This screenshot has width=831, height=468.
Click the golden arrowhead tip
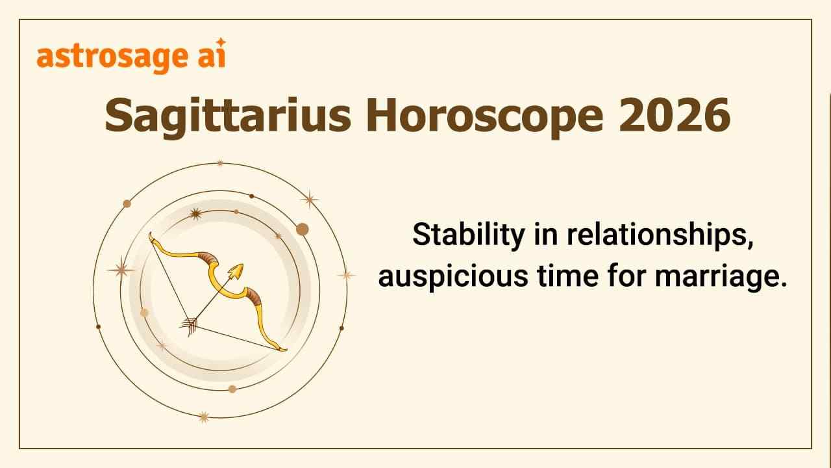pos(238,270)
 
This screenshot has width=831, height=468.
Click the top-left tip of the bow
pos(151,235)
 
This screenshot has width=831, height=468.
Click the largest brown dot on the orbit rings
pos(302,229)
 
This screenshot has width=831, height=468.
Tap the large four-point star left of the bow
pos(121,268)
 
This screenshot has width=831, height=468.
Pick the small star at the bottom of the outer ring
pos(204,417)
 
